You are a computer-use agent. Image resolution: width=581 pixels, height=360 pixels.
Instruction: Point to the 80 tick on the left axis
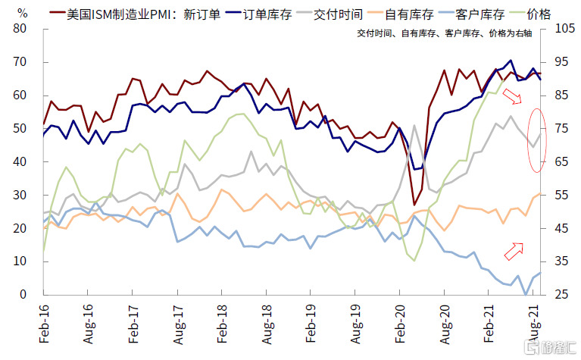[20, 29]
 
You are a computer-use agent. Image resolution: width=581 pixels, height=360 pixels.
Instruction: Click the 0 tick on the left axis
[23, 294]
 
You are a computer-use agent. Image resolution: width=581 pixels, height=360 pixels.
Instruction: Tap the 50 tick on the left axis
[20, 128]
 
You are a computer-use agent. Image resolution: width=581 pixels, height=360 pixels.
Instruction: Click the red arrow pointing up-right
[514, 250]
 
